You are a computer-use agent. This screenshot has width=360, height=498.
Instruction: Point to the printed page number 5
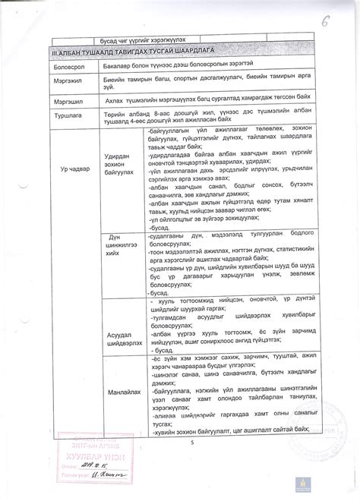tap(193, 443)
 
